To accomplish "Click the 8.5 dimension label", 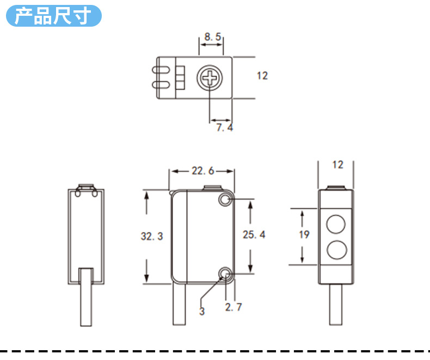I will pos(212,37).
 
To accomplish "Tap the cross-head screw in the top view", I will pos(209,78).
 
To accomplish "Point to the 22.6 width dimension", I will pos(202,171).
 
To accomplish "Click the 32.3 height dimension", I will pos(152,236).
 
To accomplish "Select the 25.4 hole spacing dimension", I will pos(254,235).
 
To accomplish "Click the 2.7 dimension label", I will pos(234,307).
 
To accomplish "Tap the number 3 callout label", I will pos(202,312).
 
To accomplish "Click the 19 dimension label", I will pos(304,234).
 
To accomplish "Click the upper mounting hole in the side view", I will pos(225,200).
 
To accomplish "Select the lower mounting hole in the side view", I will pos(225,273).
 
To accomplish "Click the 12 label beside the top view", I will pos(262,76).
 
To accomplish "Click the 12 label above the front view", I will pos(337,164).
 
